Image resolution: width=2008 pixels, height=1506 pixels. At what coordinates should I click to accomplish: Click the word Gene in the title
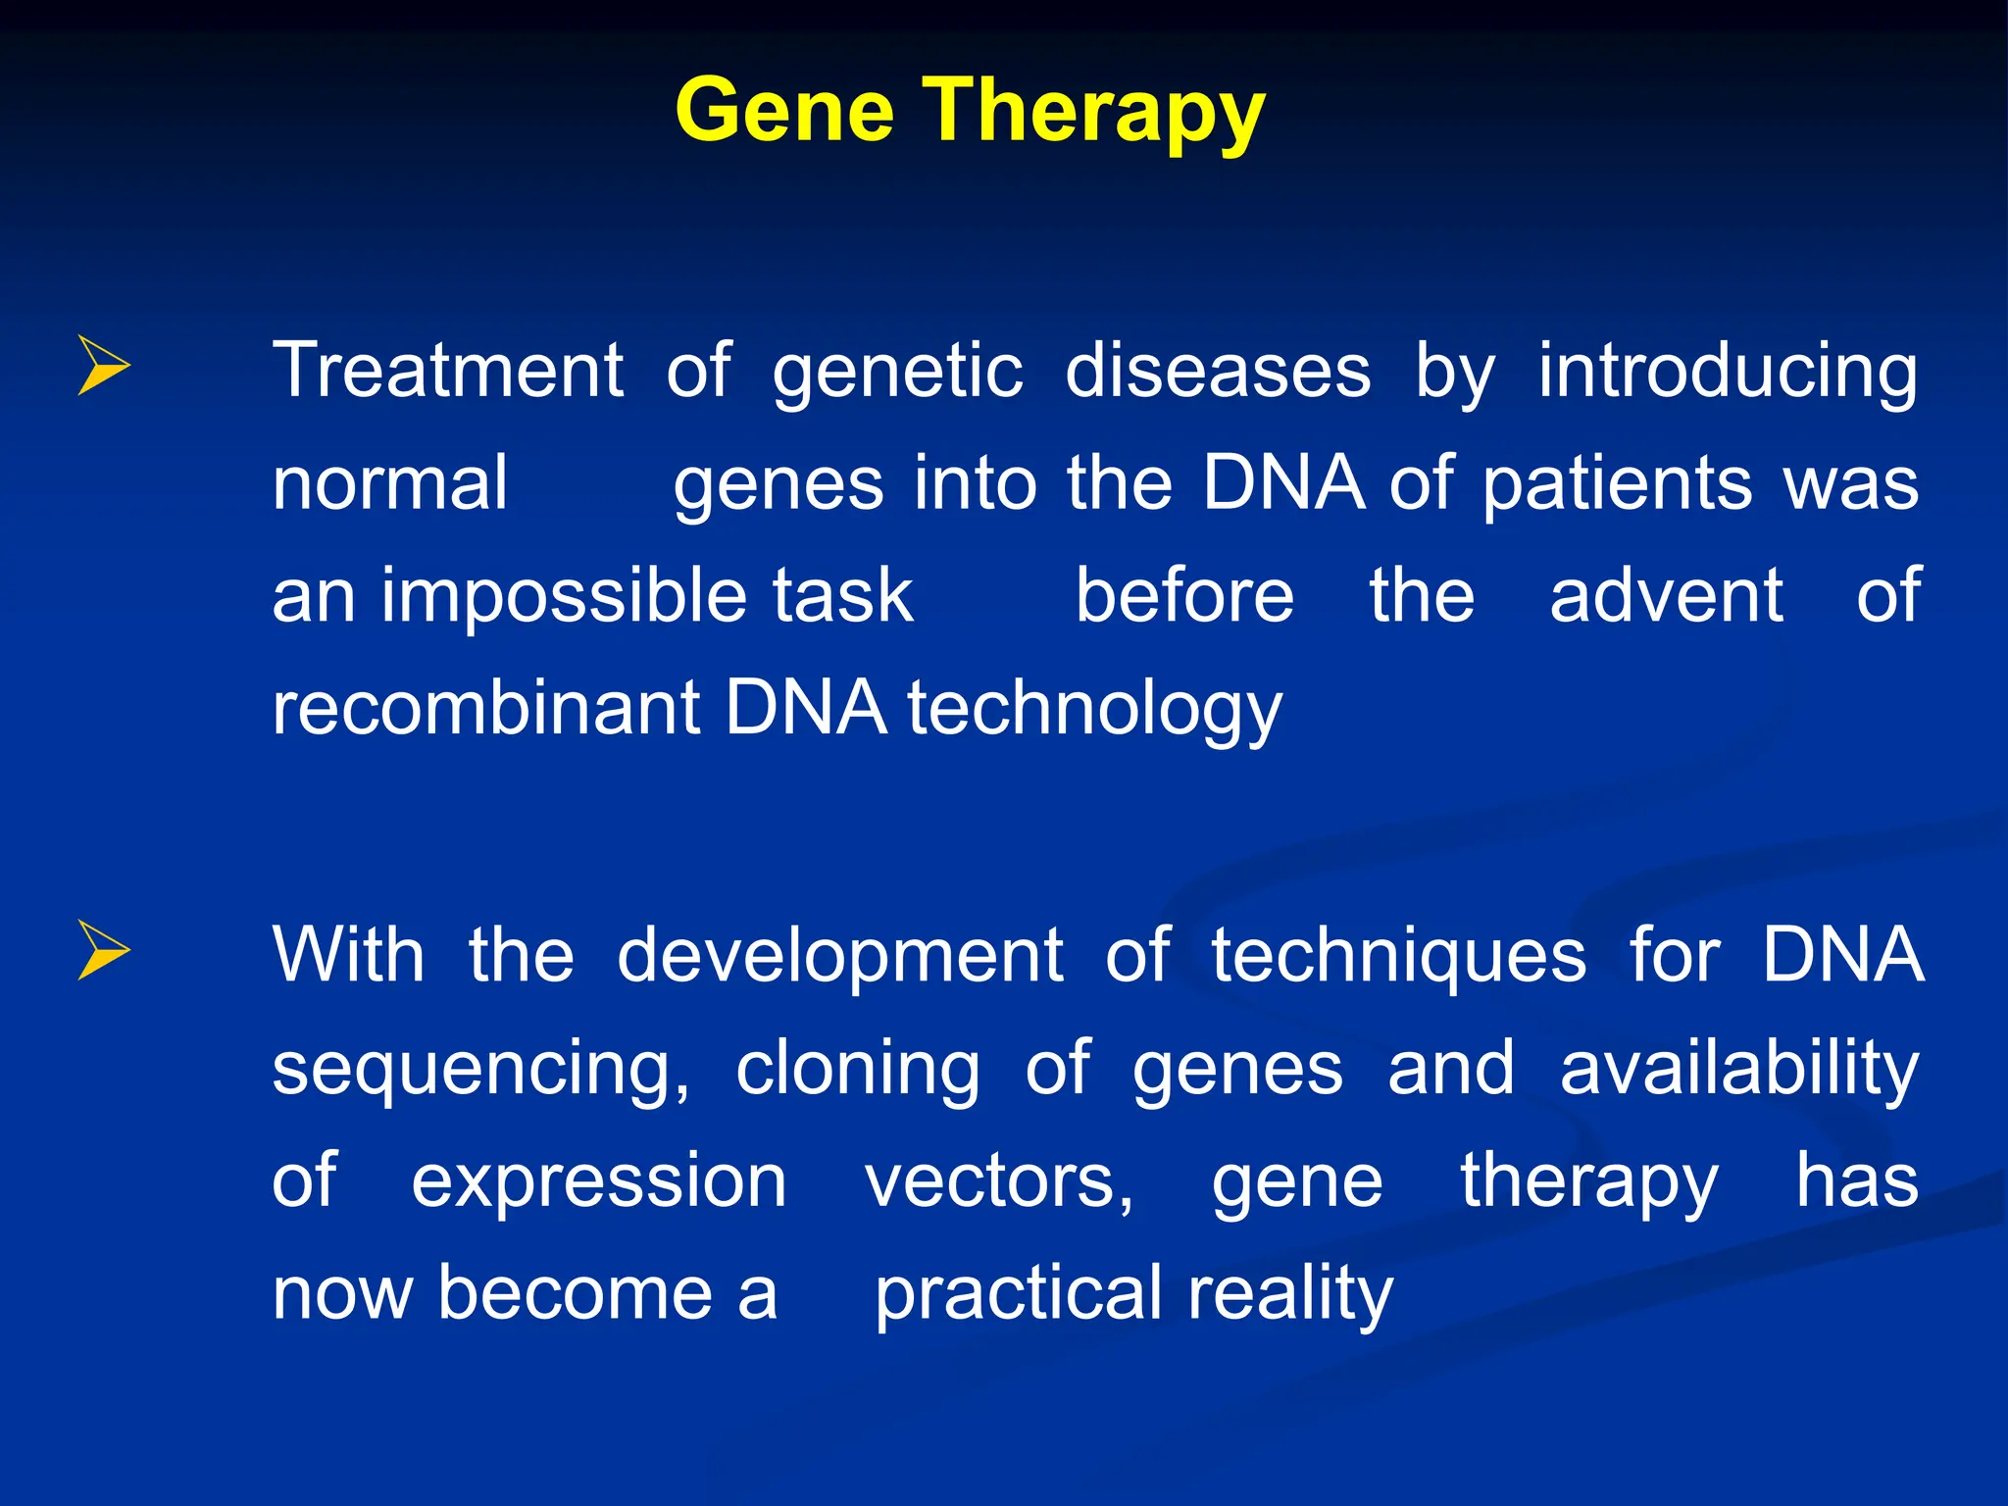[x=784, y=110]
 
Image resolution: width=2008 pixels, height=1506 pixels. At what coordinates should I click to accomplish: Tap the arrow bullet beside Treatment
[x=103, y=367]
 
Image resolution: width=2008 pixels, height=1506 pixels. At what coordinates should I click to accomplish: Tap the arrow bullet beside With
[x=103, y=951]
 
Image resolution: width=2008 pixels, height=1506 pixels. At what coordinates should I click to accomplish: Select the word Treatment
[x=448, y=371]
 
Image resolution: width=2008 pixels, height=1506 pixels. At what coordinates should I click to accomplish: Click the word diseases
[x=1218, y=371]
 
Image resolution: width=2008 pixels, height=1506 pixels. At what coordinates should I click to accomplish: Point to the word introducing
[x=1728, y=373]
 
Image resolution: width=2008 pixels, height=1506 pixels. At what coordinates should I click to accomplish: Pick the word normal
[x=390, y=483]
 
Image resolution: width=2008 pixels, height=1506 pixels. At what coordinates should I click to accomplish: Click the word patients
[x=1617, y=485]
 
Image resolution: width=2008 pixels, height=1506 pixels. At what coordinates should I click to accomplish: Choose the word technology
[x=1094, y=710]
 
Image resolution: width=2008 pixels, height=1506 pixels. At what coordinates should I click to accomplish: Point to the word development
[x=839, y=957]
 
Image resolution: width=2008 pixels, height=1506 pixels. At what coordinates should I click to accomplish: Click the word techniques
[x=1398, y=957]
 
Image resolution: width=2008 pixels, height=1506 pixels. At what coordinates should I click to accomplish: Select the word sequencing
[x=480, y=1070]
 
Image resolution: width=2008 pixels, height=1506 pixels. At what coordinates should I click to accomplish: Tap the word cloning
[x=858, y=1070]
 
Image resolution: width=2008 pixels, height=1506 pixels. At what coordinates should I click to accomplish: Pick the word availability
[x=1738, y=1070]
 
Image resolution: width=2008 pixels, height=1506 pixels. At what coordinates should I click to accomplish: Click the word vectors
[x=998, y=1181]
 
